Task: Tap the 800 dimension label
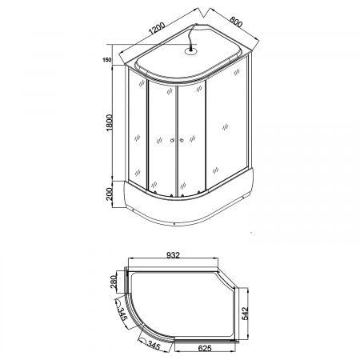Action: (x=236, y=22)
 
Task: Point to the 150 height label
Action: (x=106, y=60)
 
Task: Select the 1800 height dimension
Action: (x=110, y=122)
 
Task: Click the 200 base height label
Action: (x=110, y=194)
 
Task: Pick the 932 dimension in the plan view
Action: (x=173, y=255)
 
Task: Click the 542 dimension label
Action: (x=245, y=314)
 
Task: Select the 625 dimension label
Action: (x=205, y=348)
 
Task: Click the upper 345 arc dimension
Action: (x=122, y=314)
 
